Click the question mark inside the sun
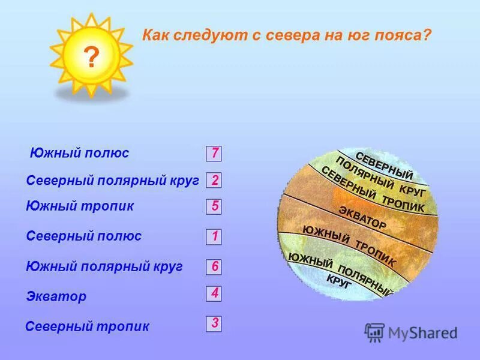tap(91, 58)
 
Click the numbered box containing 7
tap(214, 153)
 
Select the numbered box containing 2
tap(214, 180)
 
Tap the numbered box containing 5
tap(214, 206)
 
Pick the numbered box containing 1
tap(214, 236)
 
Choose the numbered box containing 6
tap(214, 266)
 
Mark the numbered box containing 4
tap(214, 293)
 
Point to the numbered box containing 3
tap(214, 324)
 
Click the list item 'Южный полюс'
tap(79, 153)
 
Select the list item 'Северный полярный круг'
tap(112, 181)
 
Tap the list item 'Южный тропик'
tap(80, 206)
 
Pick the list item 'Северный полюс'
tap(84, 236)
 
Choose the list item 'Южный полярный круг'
tap(104, 267)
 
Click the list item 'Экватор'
tap(56, 296)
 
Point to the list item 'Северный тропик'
tap(88, 327)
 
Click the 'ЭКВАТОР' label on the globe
tap(362, 217)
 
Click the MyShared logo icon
tap(375, 332)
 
